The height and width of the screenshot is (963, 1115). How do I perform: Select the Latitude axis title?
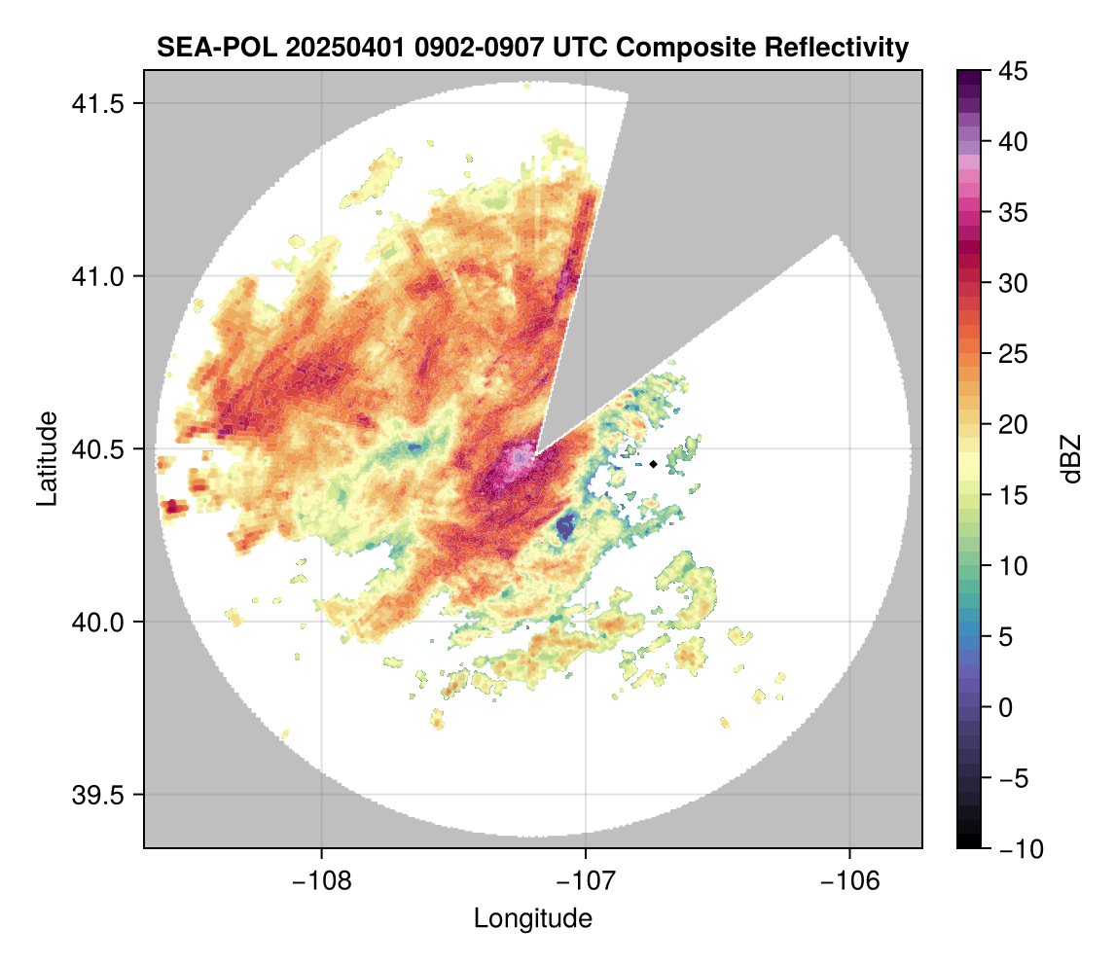(47, 458)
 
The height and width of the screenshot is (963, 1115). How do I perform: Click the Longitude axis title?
(532, 917)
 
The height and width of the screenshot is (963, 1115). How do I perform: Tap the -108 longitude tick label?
(321, 880)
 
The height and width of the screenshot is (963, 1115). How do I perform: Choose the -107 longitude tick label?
(586, 880)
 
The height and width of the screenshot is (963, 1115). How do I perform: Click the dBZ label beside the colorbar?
(1072, 459)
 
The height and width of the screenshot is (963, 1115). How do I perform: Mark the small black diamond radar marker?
(653, 464)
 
